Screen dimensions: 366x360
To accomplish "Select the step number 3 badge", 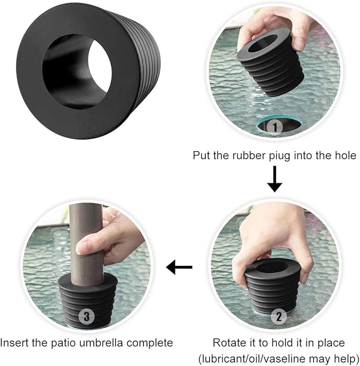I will click(x=87, y=317).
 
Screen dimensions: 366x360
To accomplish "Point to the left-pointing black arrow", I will click(x=179, y=268).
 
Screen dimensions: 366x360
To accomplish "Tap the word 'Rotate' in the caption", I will click(x=227, y=343).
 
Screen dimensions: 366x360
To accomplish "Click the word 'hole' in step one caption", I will click(x=345, y=156).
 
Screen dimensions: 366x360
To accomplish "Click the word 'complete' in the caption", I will click(x=154, y=343).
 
